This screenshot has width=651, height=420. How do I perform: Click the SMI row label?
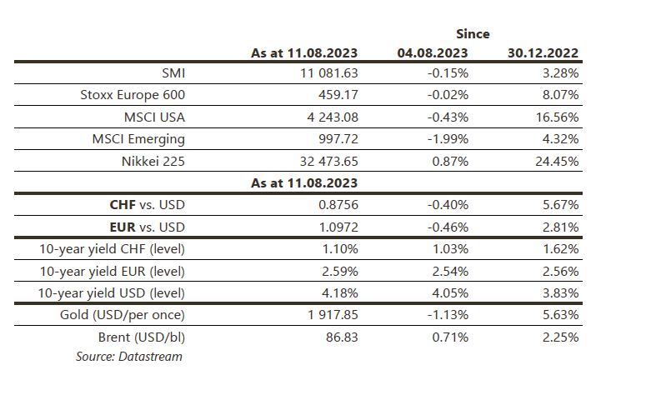(173, 73)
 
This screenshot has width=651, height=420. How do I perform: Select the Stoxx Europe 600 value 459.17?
(338, 95)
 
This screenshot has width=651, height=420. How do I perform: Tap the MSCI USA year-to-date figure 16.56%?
(557, 117)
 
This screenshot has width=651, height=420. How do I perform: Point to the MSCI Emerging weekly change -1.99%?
(448, 139)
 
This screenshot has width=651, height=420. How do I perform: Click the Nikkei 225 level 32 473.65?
(328, 161)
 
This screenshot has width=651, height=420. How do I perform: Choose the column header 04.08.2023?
(433, 53)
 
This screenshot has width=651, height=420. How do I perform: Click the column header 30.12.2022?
(543, 53)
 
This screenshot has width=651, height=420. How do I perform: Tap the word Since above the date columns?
(473, 34)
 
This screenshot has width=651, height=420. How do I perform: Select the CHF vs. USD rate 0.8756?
(338, 205)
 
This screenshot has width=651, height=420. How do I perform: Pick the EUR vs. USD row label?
(147, 227)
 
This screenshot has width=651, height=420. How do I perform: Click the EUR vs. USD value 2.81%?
(560, 227)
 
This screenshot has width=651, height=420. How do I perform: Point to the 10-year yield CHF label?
(112, 249)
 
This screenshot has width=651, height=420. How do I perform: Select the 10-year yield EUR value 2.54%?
(450, 272)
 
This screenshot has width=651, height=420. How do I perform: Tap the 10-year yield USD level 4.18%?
(339, 293)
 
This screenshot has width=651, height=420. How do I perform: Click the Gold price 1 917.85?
(333, 315)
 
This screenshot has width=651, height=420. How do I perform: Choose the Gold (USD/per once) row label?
(122, 315)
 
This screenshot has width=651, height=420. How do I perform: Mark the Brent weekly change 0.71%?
(450, 337)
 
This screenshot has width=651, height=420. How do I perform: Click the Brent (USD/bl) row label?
(141, 337)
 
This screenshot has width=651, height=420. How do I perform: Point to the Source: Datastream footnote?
(128, 357)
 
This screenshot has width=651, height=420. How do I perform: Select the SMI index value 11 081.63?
(328, 73)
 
